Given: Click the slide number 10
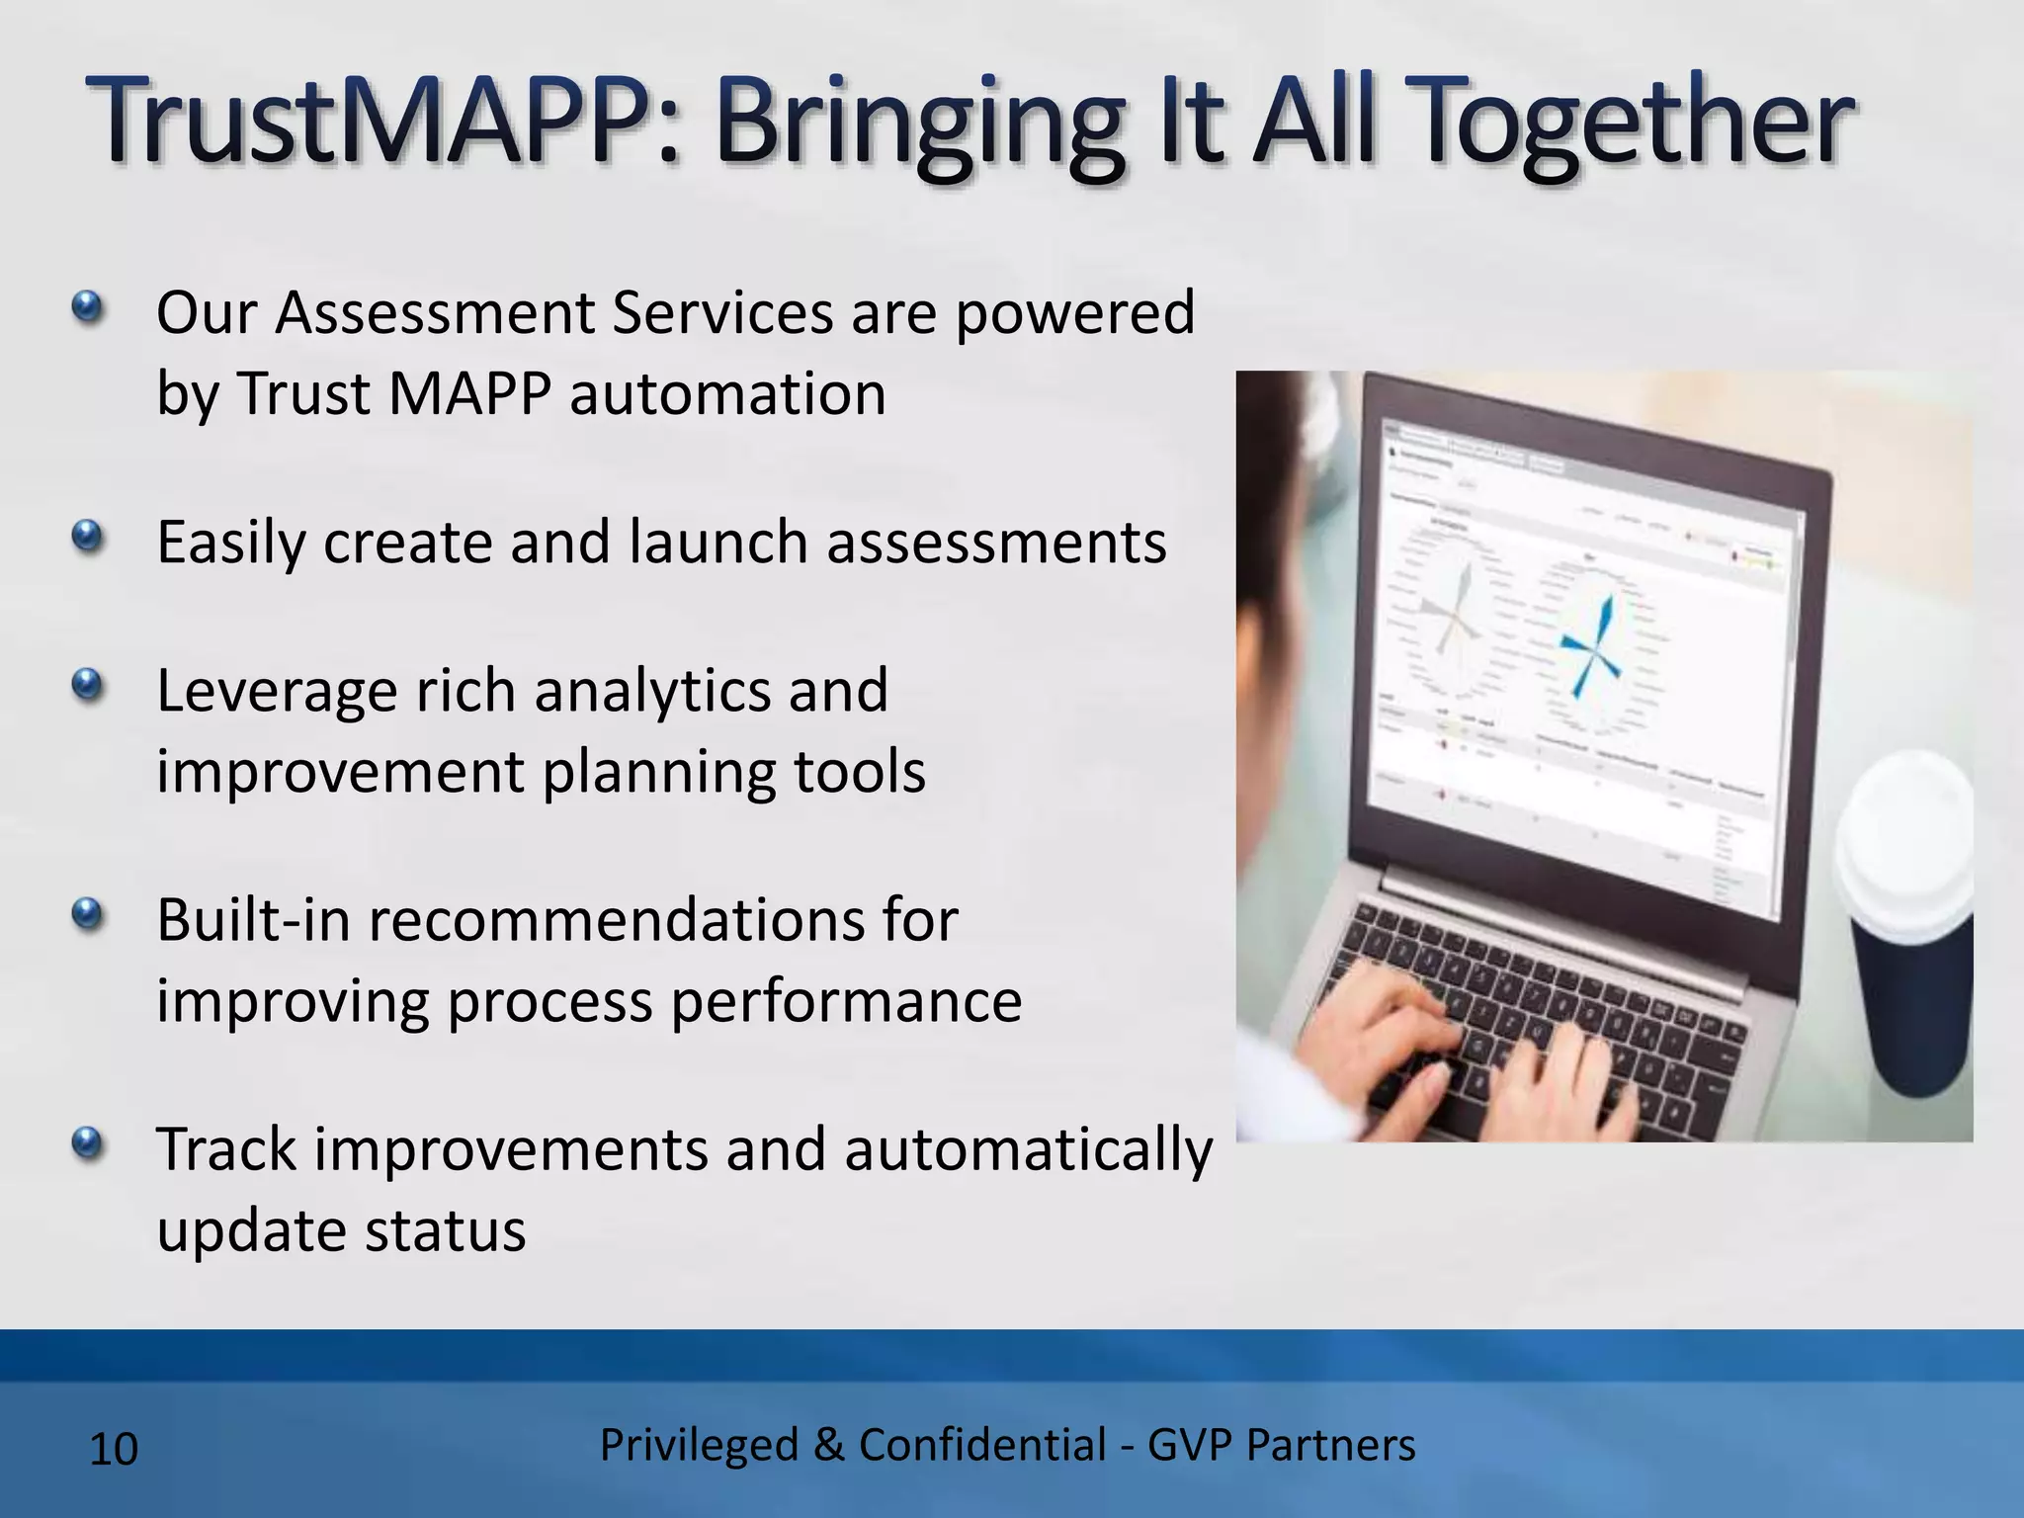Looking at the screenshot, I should (x=114, y=1450).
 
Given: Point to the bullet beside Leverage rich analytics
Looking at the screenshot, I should (x=88, y=684).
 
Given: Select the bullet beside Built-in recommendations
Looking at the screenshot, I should (x=88, y=914).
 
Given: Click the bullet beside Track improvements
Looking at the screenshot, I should (x=88, y=1144).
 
